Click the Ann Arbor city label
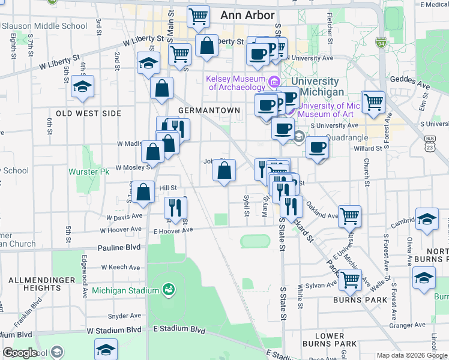pyautogui.click(x=247, y=16)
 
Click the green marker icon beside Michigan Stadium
pyautogui.click(x=169, y=290)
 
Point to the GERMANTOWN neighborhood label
pyautogui.click(x=209, y=110)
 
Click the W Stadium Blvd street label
pyautogui.click(x=114, y=330)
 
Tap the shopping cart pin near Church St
pyautogui.click(x=373, y=102)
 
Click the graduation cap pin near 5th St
pyautogui.click(x=82, y=87)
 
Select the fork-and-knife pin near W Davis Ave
pyautogui.click(x=175, y=208)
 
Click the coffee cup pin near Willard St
pyautogui.click(x=318, y=147)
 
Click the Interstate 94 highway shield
pyautogui.click(x=381, y=43)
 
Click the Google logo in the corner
pyautogui.click(x=20, y=353)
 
